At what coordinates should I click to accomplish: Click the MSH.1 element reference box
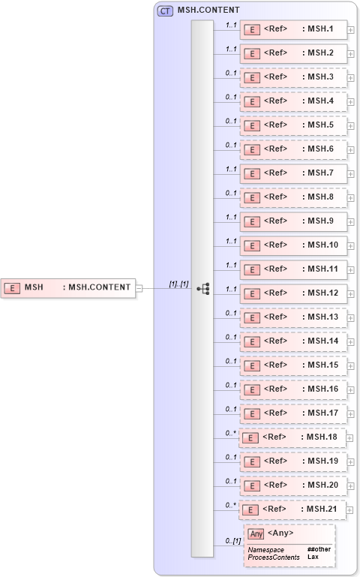click(x=292, y=30)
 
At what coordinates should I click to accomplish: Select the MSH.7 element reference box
click(x=292, y=174)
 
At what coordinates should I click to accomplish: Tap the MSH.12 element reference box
click(x=292, y=294)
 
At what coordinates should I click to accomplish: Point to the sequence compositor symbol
click(x=202, y=288)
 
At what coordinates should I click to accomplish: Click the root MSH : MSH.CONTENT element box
click(x=69, y=287)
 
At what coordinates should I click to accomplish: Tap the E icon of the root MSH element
click(x=13, y=287)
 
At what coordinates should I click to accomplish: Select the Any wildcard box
click(x=289, y=545)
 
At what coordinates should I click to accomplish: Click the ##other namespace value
click(x=319, y=549)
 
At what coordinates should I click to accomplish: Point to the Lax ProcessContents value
click(x=313, y=557)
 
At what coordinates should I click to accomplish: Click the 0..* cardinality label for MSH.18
click(x=231, y=433)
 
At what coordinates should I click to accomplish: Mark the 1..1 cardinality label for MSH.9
click(x=231, y=217)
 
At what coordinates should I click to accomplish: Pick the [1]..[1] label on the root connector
click(x=178, y=283)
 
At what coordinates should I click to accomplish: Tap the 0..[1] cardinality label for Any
click(x=233, y=541)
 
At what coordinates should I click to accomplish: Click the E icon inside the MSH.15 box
click(x=253, y=365)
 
